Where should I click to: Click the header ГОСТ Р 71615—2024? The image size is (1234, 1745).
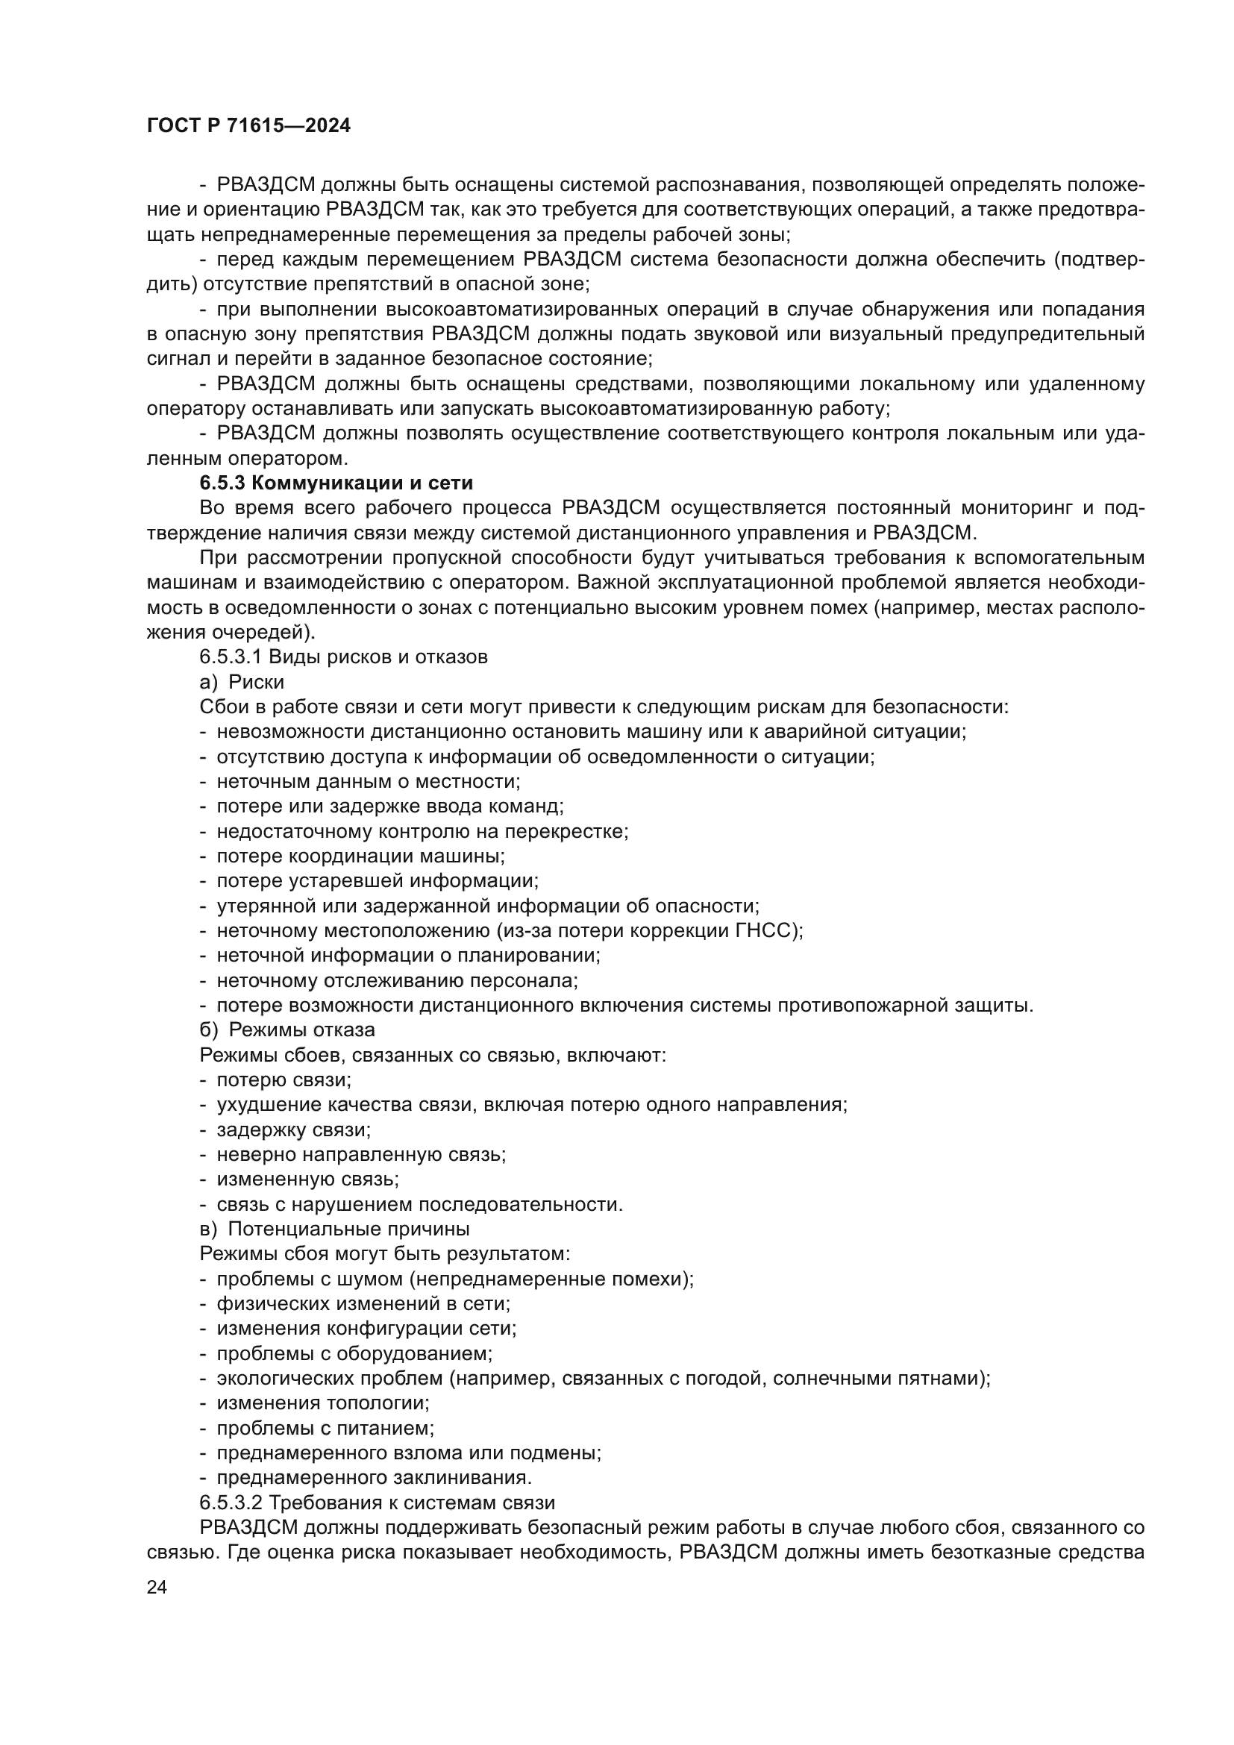pos(248,126)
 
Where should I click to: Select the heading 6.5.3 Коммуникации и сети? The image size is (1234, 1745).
pos(336,483)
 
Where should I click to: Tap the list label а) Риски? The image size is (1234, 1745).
pos(242,682)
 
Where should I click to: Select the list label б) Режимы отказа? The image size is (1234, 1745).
pos(287,1030)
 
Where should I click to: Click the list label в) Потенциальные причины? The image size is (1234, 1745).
pos(334,1229)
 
